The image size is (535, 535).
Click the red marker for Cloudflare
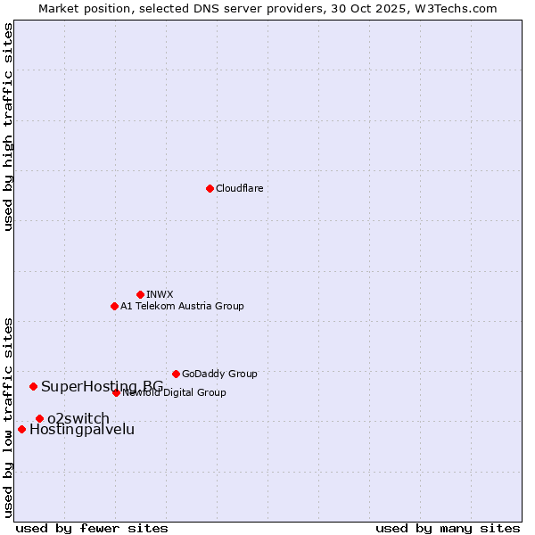click(210, 188)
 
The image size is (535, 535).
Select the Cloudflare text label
click(239, 188)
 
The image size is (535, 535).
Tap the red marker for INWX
click(140, 294)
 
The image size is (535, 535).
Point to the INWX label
click(160, 294)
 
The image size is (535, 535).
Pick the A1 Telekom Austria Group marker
click(114, 306)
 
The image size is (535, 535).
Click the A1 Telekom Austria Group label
click(182, 306)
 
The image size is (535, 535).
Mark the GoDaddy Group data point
click(176, 374)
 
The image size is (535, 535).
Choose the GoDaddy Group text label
click(219, 374)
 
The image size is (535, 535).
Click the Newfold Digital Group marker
click(116, 392)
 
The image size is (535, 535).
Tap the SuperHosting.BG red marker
click(33, 386)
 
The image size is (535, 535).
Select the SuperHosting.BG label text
click(102, 386)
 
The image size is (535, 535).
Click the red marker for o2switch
click(39, 418)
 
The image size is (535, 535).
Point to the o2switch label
click(78, 418)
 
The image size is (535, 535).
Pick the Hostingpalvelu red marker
click(21, 429)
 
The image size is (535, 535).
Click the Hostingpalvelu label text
click(82, 429)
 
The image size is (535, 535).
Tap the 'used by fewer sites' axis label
click(92, 528)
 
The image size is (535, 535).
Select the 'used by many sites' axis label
click(448, 528)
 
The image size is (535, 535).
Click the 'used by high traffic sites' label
click(8, 128)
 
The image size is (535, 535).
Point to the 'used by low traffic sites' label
click(8, 417)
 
